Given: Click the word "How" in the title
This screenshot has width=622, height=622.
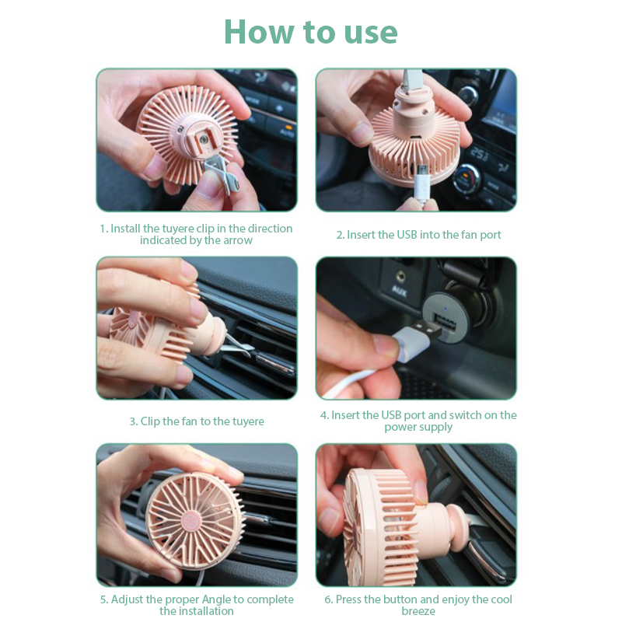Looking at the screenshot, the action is [259, 32].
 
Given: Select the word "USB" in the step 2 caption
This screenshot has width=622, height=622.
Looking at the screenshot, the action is [407, 235].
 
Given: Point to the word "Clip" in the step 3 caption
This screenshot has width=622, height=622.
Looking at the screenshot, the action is [149, 421].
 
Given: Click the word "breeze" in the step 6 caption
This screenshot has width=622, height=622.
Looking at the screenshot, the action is [418, 611].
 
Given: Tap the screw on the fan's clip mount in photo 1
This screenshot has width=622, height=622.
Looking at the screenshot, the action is [204, 139].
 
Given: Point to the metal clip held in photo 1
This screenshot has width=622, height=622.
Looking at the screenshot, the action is [221, 175].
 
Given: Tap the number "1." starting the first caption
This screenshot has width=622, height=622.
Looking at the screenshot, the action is [104, 229].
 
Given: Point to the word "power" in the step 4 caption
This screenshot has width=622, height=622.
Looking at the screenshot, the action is [400, 428].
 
